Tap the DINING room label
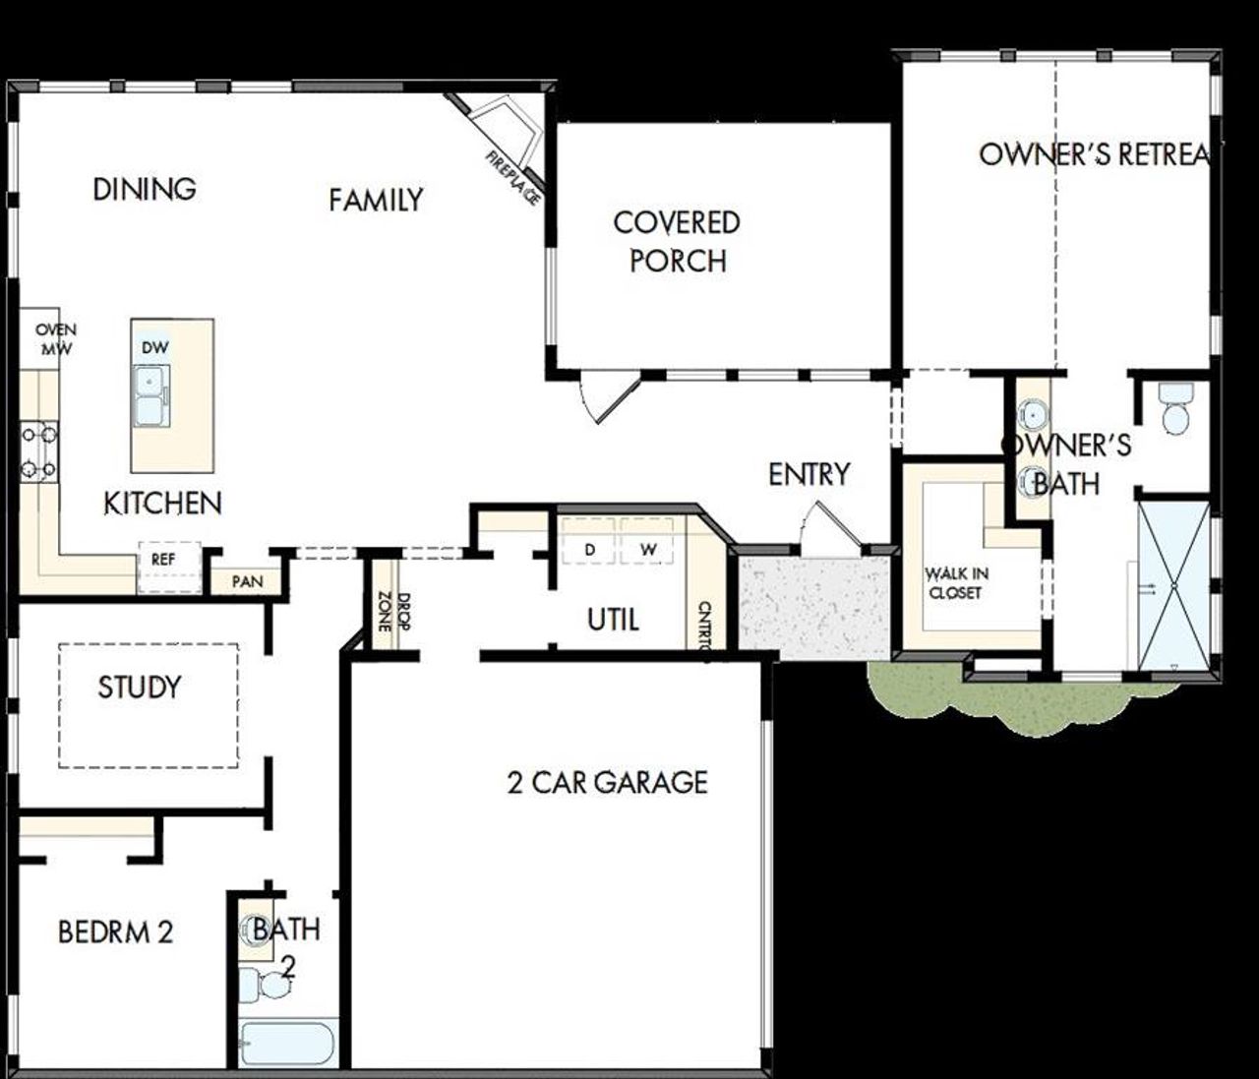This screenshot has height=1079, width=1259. point(144,189)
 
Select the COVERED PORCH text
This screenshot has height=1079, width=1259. point(677,242)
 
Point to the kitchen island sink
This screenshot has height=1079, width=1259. point(151,395)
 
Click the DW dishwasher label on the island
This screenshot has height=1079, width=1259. point(154,347)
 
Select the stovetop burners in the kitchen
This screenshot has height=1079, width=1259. point(39,451)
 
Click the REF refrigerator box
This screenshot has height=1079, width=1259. point(163,560)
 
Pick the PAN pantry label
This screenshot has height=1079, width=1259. point(247,582)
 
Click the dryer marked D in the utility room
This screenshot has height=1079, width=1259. point(589,550)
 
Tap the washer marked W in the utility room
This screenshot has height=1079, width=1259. point(647,550)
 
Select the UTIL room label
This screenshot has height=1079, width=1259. point(613,620)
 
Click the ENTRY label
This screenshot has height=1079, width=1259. point(809,474)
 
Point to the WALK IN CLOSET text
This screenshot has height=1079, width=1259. point(956,583)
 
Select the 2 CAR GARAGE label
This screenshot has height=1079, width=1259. point(607,782)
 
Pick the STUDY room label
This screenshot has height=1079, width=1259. point(140,687)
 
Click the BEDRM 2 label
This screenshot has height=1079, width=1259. point(115,931)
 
